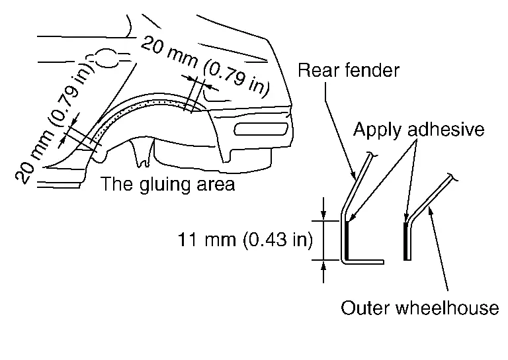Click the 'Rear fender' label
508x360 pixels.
coord(349,69)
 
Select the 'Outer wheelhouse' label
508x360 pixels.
coord(420,308)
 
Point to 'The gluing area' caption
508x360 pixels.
coord(167,183)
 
